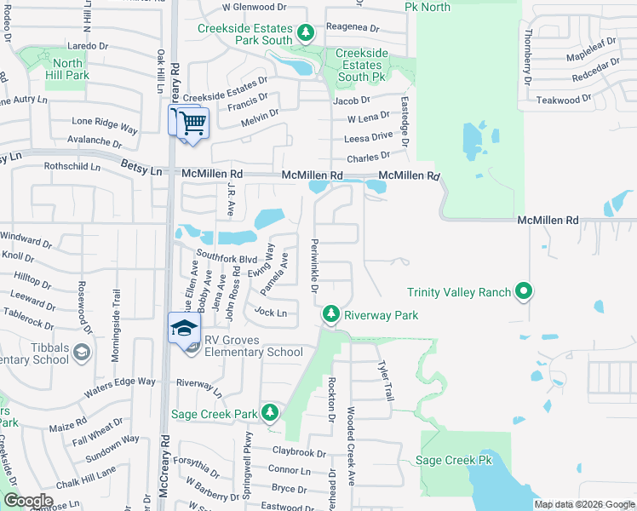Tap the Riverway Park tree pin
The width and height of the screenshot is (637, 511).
pos(331,315)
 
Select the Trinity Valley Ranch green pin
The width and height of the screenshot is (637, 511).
pos(525,292)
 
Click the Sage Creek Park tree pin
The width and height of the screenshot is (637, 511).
pos(270,413)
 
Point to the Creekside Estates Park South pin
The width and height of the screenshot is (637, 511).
pos(306,34)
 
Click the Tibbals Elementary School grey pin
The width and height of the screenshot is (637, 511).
pos(81,352)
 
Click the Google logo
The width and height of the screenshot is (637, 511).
pos(28,501)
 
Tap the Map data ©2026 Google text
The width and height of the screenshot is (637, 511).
pos(584,504)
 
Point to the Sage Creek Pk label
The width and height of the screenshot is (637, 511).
pos(454,461)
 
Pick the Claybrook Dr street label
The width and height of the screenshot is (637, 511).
pos(299,452)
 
